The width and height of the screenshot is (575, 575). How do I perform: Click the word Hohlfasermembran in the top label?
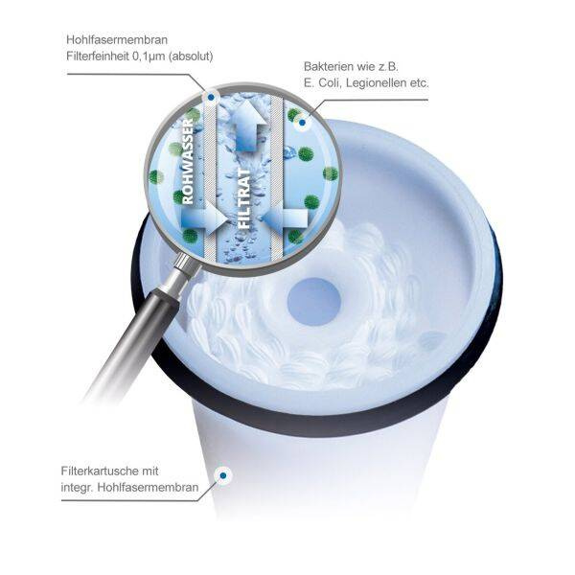click(117, 39)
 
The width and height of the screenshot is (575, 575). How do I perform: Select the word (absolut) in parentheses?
click(191, 57)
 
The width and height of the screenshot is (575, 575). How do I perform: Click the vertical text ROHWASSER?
click(187, 161)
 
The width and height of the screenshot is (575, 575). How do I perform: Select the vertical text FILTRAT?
click(245, 198)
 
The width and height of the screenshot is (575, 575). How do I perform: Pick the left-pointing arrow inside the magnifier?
click(286, 218)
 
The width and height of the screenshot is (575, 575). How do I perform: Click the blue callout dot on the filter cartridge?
click(223, 475)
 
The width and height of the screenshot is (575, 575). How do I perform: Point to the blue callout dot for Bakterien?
click(302, 123)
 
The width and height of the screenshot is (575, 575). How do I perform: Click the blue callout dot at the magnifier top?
click(211, 98)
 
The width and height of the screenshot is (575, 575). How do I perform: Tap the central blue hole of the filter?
click(314, 302)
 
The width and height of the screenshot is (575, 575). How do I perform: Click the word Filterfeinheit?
click(96, 57)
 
